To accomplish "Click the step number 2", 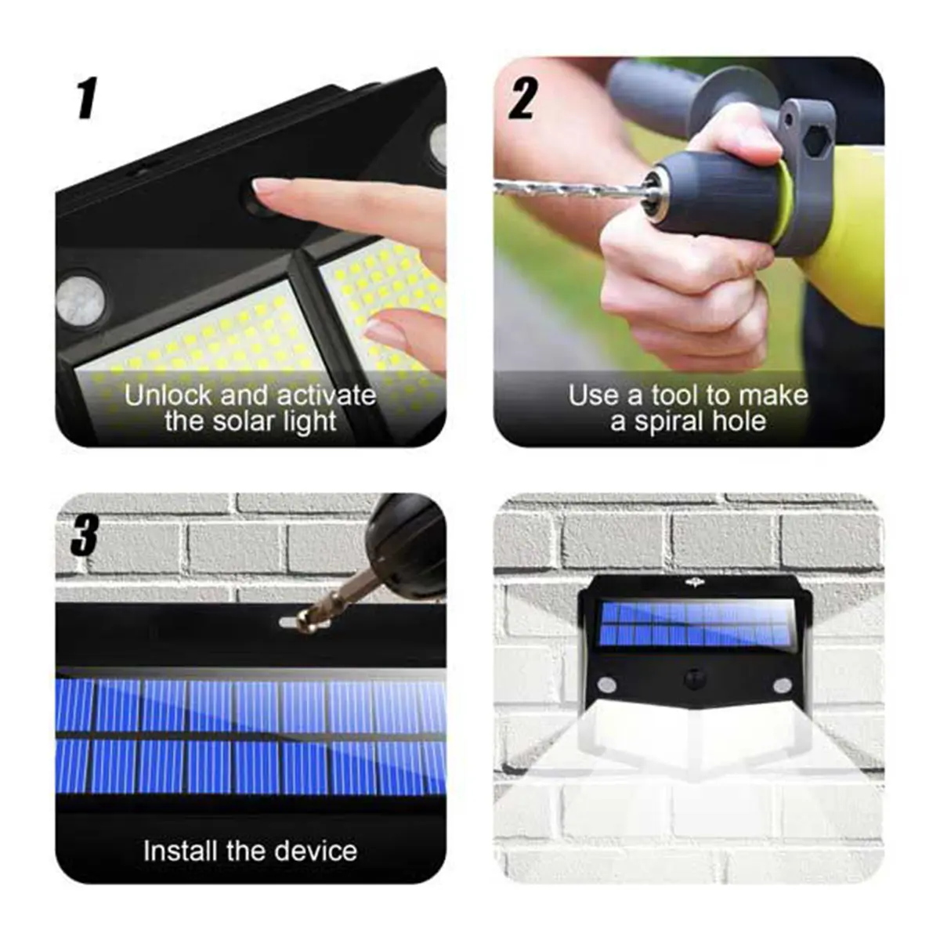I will click(523, 99).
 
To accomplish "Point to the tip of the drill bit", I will click(498, 186).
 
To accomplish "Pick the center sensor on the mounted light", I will click(693, 679).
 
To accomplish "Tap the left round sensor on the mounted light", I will click(606, 686).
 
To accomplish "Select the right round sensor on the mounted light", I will click(781, 686).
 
